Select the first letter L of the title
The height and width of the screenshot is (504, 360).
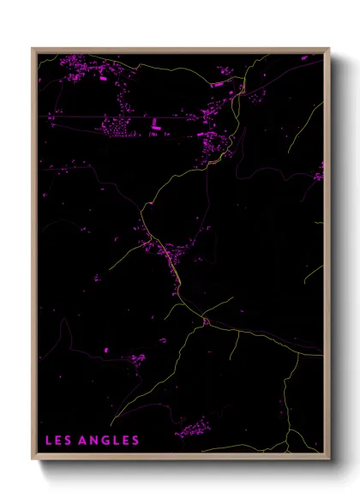[48, 441]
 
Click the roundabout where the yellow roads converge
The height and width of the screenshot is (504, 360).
[206, 321]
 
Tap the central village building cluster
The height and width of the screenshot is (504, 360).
[167, 253]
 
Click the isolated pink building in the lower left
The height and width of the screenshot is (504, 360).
[106, 350]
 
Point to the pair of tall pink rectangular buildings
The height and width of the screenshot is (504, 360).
[156, 125]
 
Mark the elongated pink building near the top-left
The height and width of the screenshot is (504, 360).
[102, 78]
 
